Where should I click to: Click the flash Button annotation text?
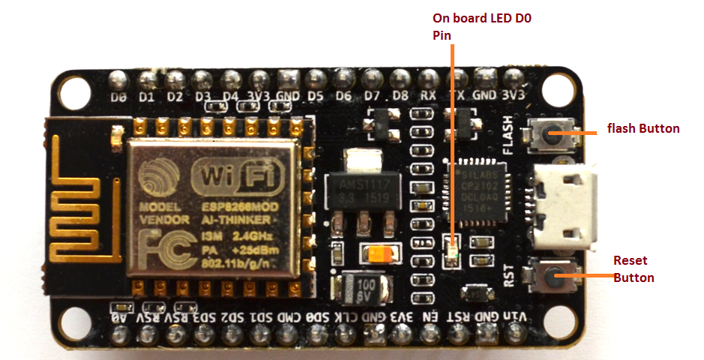[643, 129]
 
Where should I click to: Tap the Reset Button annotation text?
[634, 269]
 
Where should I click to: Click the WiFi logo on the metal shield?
[229, 178]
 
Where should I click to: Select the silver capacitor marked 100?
[364, 288]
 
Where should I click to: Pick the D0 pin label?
[118, 97]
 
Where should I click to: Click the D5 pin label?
[316, 97]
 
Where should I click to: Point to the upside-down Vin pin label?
[515, 317]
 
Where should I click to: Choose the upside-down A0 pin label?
[118, 318]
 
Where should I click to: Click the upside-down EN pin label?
[430, 317]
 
